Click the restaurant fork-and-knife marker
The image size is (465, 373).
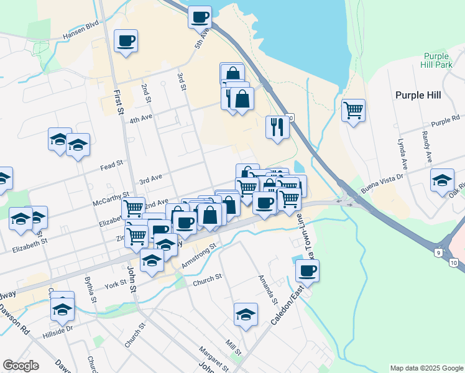277,127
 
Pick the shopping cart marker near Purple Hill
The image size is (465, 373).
353,111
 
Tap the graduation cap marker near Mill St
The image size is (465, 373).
246,315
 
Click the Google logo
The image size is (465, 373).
21,366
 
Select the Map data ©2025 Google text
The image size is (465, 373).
427,368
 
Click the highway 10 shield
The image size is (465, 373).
454,264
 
